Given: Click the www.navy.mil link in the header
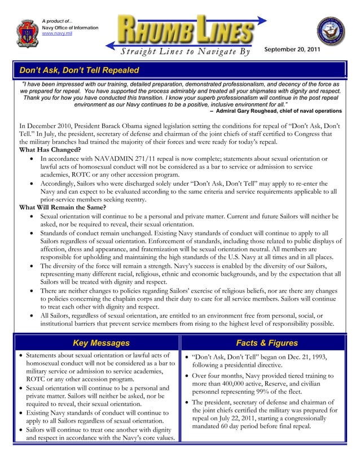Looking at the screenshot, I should coord(58,34).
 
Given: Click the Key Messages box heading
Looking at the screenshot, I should coord(101,343).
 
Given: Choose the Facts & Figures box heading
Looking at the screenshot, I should coord(266,343).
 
